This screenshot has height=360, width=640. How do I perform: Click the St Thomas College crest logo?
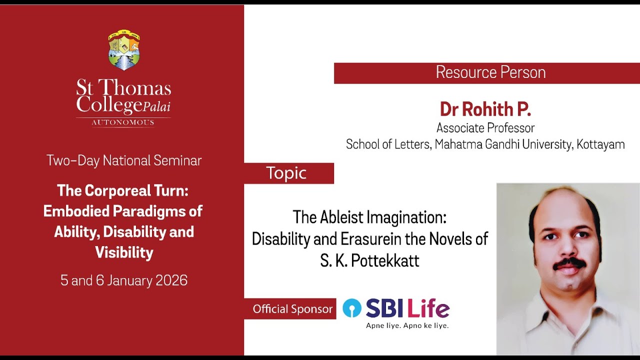point(123,50)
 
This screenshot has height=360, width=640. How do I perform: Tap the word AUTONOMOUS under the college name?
point(123,122)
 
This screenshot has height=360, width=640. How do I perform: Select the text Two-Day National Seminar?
point(124,160)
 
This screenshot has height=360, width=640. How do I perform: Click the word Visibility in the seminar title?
point(124,252)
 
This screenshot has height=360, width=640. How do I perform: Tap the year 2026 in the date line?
point(171,280)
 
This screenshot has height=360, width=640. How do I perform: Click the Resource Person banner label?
point(490,72)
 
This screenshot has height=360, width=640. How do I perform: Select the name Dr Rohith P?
point(485,108)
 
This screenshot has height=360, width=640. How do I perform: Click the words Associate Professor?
point(485,128)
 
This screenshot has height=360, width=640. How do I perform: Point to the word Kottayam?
point(600,144)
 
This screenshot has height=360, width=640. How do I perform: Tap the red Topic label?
point(286,173)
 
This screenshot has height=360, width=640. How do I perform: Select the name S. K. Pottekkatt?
point(369,260)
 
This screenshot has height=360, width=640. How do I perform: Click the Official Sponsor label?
point(292,309)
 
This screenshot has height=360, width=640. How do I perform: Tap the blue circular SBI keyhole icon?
point(352,308)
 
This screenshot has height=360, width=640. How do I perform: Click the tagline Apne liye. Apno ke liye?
point(407,325)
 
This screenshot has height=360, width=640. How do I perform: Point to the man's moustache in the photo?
point(569,262)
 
